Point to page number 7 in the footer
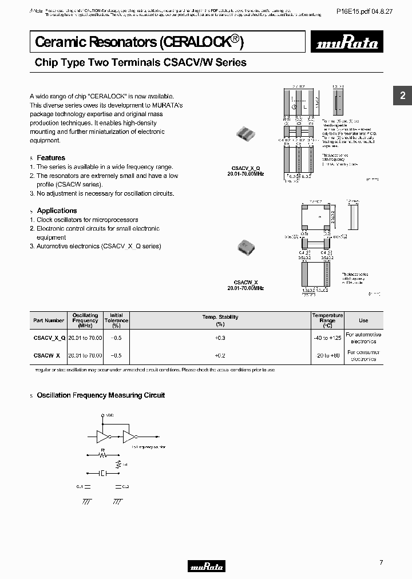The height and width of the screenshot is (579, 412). [381, 562]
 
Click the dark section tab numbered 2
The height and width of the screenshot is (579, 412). [402, 96]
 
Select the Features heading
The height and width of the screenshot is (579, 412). [51, 158]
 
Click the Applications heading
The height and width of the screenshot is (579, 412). [57, 211]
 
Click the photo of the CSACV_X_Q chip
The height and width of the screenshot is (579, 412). [249, 134]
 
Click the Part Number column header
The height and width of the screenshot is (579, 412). [49, 320]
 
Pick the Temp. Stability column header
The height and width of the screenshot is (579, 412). [220, 317]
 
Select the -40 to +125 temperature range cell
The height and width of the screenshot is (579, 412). [327, 338]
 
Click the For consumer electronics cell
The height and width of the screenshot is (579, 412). [363, 356]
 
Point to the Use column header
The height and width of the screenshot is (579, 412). [363, 320]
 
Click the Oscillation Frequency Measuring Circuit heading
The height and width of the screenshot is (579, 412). [101, 395]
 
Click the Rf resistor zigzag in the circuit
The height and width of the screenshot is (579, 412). [103, 456]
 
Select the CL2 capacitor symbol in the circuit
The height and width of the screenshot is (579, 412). [118, 487]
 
